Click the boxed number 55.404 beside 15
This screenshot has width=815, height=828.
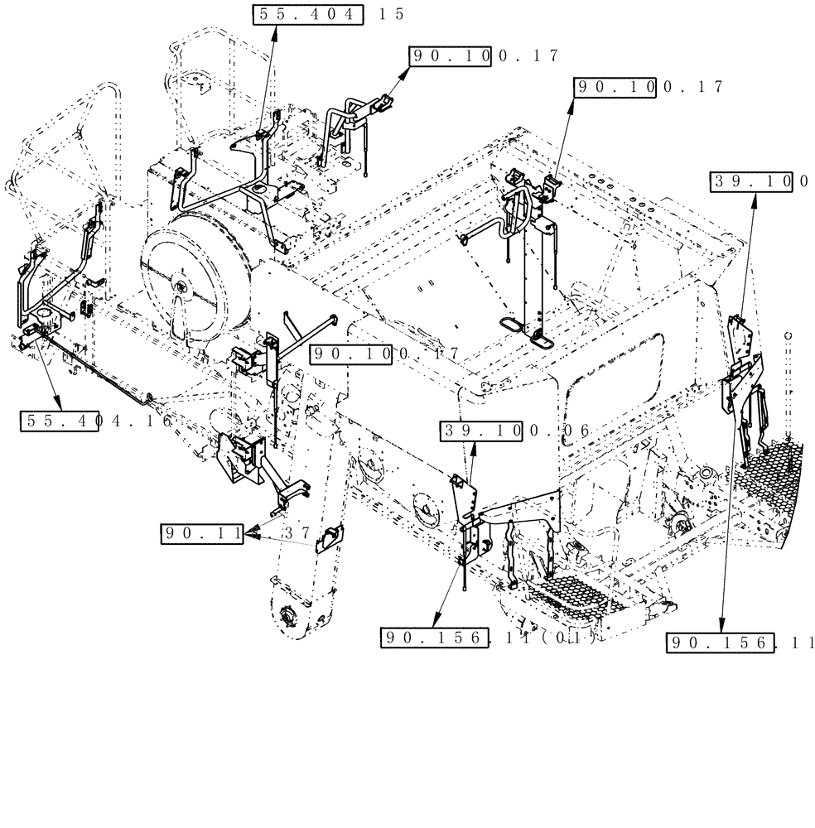(307, 15)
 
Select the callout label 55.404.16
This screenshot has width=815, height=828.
(98, 421)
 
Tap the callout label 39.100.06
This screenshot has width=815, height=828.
(513, 431)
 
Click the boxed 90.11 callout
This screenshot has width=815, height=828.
(202, 535)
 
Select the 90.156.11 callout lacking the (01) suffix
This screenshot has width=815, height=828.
(740, 643)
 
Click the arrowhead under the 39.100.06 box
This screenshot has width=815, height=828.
(475, 447)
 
